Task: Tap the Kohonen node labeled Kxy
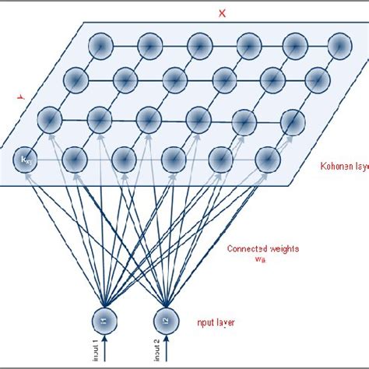pyautogui.click(x=26, y=160)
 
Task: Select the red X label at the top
pyautogui.click(x=222, y=13)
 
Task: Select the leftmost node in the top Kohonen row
pyautogui.click(x=99, y=47)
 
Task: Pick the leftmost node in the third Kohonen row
pyautogui.click(x=50, y=118)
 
